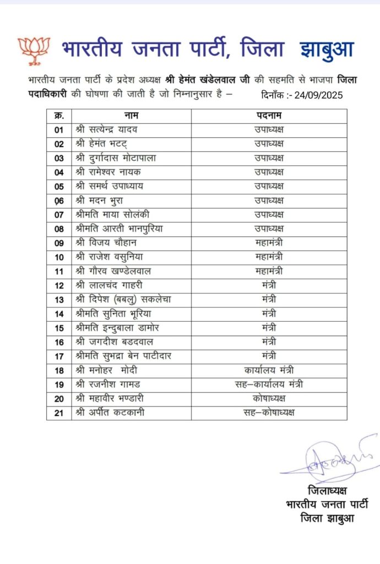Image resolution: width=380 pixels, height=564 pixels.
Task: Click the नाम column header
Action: pos(131,116)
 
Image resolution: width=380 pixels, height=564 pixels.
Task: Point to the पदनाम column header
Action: pos(269,116)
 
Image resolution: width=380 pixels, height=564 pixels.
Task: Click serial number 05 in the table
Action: pos(59,186)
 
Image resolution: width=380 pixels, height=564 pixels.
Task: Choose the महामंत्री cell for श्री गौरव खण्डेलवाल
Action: pos(269,270)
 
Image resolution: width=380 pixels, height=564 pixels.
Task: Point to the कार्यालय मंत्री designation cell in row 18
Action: pos(269,370)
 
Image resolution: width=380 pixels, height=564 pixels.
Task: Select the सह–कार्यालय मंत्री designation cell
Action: pos(269,384)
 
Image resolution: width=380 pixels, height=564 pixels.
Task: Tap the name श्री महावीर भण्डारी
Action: pos(113,398)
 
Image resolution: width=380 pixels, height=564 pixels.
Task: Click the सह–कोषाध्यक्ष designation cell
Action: pos(269,413)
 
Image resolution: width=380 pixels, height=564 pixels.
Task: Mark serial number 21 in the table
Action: pos(59,413)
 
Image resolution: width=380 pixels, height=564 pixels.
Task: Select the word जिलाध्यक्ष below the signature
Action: pos(328,491)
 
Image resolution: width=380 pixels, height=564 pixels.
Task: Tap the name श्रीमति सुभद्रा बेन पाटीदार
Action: pos(123,356)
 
